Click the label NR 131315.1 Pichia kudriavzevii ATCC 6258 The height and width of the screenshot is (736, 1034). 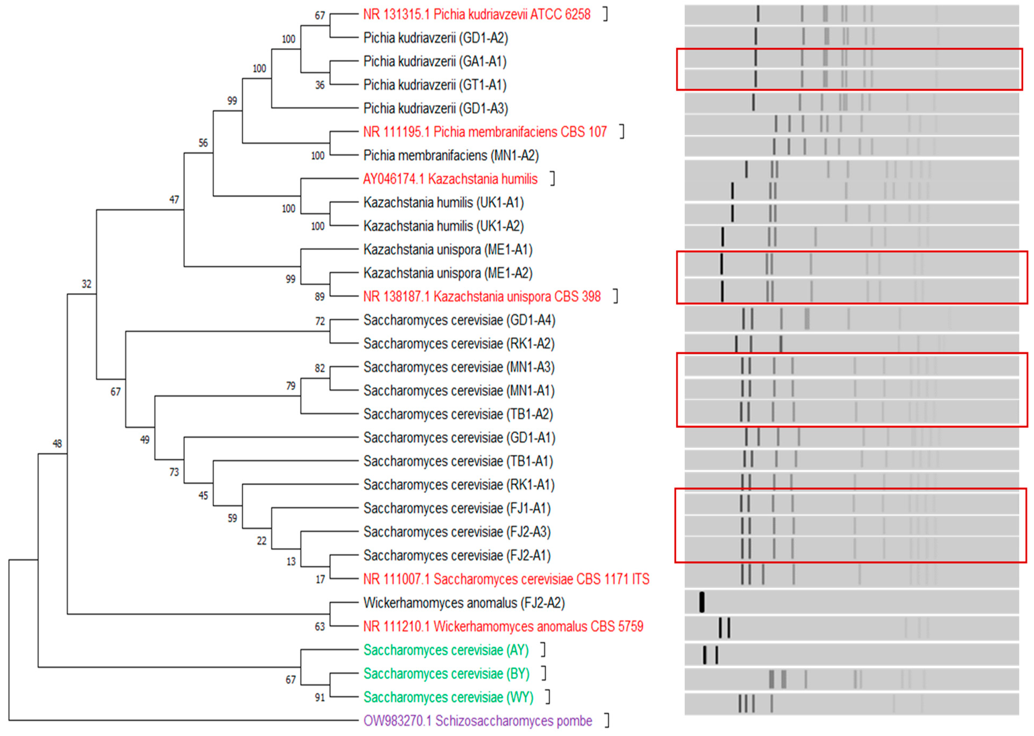coord(476,14)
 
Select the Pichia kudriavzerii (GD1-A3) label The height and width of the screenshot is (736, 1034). coord(435,108)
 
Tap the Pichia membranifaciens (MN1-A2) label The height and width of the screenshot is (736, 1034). coord(451,156)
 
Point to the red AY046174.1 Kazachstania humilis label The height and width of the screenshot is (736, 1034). coord(450,179)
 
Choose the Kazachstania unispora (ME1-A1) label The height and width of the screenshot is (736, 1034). coord(447,250)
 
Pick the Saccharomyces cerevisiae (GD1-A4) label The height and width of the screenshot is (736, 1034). coord(459,320)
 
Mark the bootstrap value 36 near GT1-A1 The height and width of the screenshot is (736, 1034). coord(320,85)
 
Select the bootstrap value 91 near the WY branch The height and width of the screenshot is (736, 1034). coord(320,698)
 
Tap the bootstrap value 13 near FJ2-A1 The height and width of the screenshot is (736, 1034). coord(291,561)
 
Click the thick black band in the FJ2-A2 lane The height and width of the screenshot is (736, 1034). coord(702,602)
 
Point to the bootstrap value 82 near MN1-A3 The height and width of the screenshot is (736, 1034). coord(320,368)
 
